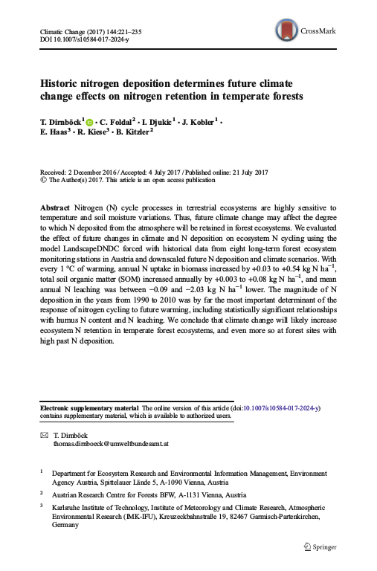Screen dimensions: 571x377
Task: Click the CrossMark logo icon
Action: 286,30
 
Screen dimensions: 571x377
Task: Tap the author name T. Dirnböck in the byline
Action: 62,120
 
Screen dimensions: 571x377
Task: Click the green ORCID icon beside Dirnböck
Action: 91,120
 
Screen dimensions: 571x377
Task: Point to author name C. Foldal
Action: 115,120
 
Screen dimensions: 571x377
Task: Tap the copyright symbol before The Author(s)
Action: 42,178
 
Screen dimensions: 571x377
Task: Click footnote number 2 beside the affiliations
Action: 42,492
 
